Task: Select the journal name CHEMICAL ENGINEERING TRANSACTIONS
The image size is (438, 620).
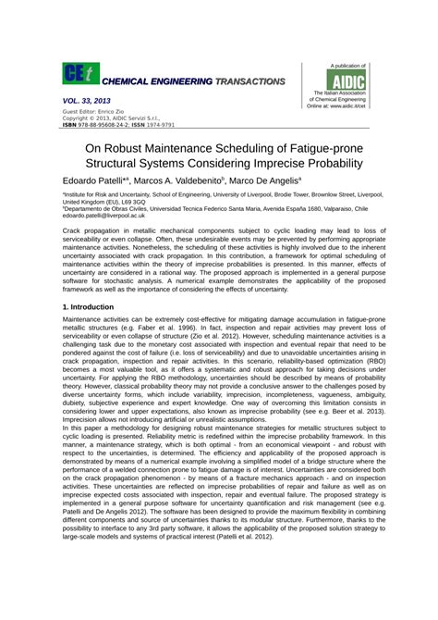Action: (193, 82)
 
